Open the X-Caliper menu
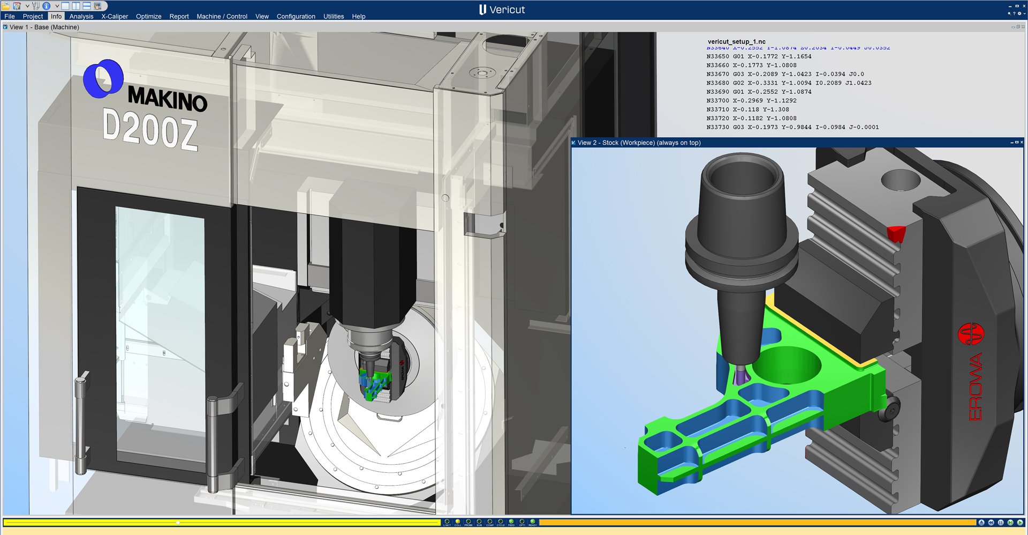(115, 16)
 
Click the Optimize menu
(148, 16)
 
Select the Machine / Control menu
(222, 16)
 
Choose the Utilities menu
(333, 16)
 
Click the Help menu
(358, 16)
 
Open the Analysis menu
(81, 16)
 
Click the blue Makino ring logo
(103, 79)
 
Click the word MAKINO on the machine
(167, 99)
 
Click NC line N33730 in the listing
(792, 127)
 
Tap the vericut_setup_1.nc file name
(736, 41)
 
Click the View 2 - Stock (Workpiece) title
(638, 143)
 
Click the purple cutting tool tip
(741, 375)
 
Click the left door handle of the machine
(81, 423)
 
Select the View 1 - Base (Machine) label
(44, 27)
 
